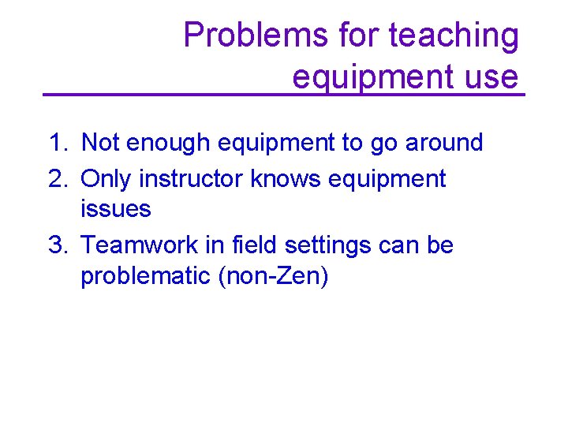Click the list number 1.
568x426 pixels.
tap(57, 143)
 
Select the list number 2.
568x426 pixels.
tap(57, 179)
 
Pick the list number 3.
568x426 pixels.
tap(57, 245)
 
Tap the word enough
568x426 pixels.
tap(164, 143)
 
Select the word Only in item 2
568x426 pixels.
tap(106, 179)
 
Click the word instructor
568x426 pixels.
tap(192, 179)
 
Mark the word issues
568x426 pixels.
tap(115, 209)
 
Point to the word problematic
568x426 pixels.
tap(144, 277)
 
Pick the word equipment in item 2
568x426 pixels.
tap(387, 179)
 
